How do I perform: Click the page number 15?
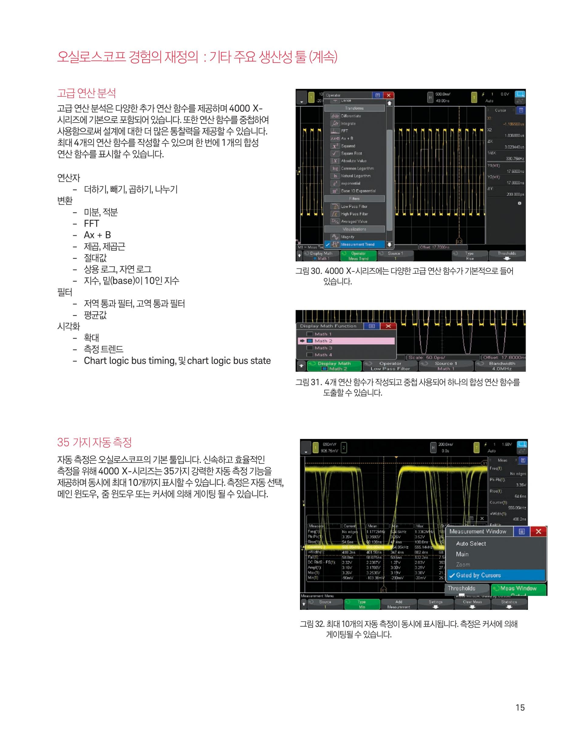520,707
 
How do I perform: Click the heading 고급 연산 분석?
86,93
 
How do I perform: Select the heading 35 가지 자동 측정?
94,442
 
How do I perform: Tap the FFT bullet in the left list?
91,224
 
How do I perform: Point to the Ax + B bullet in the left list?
97,235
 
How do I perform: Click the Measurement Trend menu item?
357,244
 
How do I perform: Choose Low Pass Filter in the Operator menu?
354,206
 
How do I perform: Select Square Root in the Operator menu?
351,153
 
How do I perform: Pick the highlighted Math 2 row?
346,341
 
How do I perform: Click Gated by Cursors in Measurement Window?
478,575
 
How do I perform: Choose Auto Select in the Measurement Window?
471,543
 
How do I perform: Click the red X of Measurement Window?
538,532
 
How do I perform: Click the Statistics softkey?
509,604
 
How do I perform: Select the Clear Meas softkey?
472,604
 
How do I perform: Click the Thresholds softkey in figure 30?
507,256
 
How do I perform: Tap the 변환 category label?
65,201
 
